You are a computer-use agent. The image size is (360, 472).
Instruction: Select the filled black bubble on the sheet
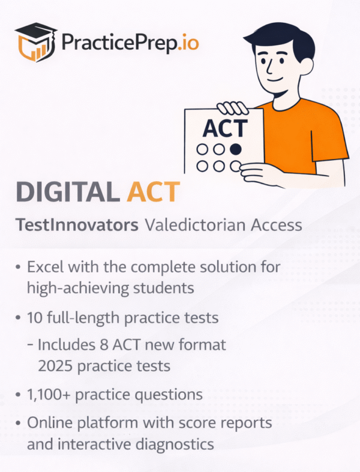click(x=236, y=148)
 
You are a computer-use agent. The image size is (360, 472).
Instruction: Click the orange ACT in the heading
click(x=153, y=191)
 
